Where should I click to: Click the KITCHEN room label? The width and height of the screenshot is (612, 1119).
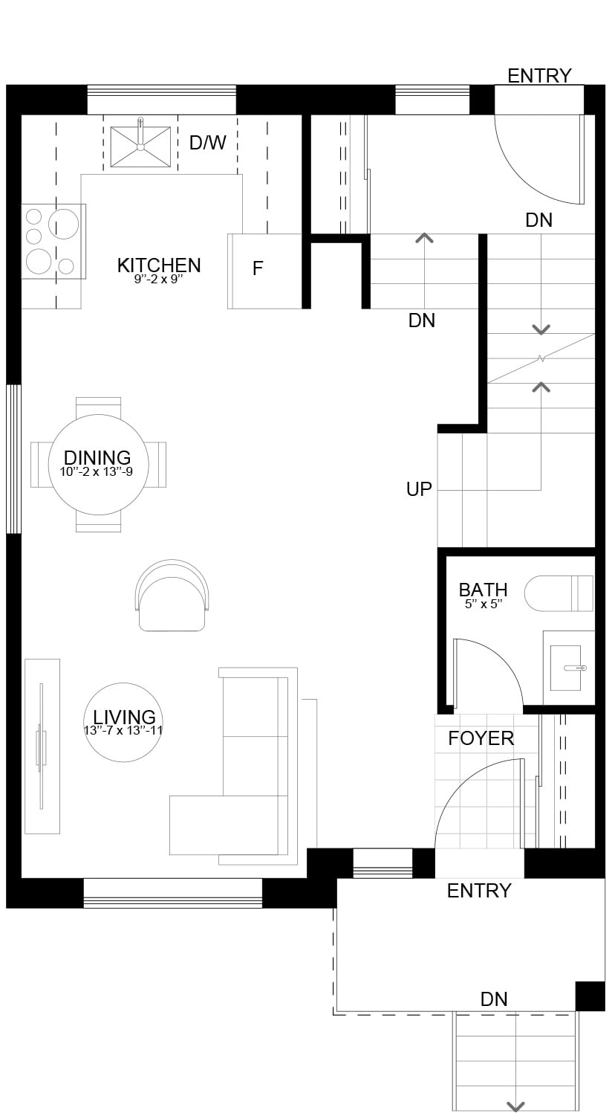click(x=159, y=265)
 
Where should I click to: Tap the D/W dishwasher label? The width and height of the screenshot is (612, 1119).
click(x=208, y=143)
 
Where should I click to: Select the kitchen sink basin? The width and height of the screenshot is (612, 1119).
click(x=140, y=146)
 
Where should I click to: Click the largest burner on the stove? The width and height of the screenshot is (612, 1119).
click(x=63, y=224)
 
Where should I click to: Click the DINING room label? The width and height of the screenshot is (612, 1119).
click(x=97, y=457)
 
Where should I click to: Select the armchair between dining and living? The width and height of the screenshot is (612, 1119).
click(x=172, y=596)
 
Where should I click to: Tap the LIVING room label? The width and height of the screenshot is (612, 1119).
click(x=124, y=717)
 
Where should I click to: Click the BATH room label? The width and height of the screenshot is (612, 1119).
click(x=484, y=590)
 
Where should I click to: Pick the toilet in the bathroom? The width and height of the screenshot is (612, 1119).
click(x=559, y=593)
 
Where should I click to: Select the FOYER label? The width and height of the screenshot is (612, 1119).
click(x=481, y=738)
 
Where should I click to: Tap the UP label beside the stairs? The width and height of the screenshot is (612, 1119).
click(x=419, y=489)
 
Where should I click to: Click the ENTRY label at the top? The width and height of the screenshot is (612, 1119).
click(x=539, y=76)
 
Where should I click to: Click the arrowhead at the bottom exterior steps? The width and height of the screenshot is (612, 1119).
click(x=515, y=1107)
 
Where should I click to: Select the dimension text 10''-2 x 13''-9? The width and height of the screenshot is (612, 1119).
click(x=97, y=471)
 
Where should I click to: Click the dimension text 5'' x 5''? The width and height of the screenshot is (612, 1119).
click(x=484, y=604)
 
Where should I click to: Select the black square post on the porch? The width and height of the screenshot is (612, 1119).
click(x=590, y=996)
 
